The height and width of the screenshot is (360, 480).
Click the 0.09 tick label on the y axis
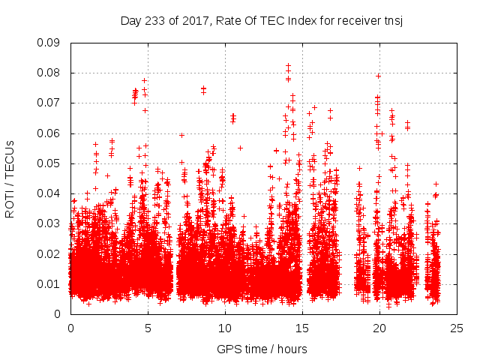pyautogui.click(x=50, y=43)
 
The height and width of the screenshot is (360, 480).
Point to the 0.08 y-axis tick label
pyautogui.click(x=50, y=73)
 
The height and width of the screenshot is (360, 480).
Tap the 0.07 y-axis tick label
pyautogui.click(x=50, y=103)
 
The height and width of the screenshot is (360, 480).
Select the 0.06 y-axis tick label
pyautogui.click(x=50, y=133)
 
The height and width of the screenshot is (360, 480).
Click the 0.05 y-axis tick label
pyautogui.click(x=50, y=163)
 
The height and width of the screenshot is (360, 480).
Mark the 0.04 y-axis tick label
pyautogui.click(x=50, y=193)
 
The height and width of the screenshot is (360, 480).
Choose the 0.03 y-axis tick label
pyautogui.click(x=50, y=223)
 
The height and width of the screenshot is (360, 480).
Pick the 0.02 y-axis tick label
pyautogui.click(x=50, y=253)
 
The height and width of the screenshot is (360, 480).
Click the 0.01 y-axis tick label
pyautogui.click(x=50, y=283)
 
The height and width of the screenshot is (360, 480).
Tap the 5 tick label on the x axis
pyautogui.click(x=148, y=328)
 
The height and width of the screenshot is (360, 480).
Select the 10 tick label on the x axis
pyautogui.click(x=225, y=328)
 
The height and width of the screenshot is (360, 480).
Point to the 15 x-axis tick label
pyautogui.click(x=302, y=328)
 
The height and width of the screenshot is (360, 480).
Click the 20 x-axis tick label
pyautogui.click(x=379, y=328)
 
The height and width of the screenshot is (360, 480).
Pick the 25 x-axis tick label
pyautogui.click(x=457, y=328)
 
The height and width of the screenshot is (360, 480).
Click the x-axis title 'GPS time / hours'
pyautogui.click(x=262, y=349)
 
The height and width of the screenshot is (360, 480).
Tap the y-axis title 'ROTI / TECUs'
pyautogui.click(x=10, y=178)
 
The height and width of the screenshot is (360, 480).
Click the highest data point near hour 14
pyautogui.click(x=288, y=66)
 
